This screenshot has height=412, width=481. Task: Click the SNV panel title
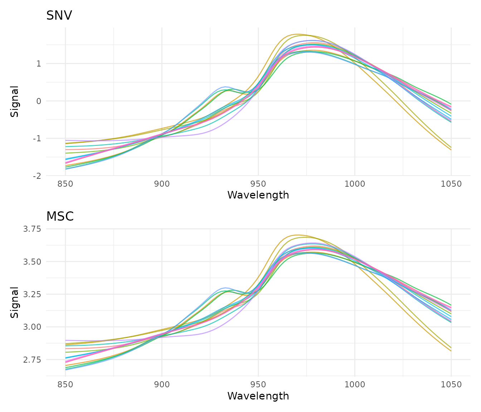tap(59, 16)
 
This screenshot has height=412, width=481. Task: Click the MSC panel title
tap(60, 217)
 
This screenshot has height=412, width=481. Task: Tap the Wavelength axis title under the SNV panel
tap(258, 195)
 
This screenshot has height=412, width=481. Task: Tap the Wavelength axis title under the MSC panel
tap(258, 396)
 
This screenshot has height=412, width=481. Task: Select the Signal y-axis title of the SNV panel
tap(15, 101)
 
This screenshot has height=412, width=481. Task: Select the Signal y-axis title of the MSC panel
tap(15, 302)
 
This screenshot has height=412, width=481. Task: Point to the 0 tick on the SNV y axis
tap(39, 101)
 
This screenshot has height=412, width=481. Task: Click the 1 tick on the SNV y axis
tap(39, 64)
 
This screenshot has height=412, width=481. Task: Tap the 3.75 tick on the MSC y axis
tap(32, 229)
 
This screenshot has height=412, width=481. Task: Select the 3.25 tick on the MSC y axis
tap(32, 294)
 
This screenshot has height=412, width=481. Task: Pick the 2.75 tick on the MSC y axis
tap(32, 359)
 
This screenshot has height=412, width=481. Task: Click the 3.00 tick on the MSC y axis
tap(32, 327)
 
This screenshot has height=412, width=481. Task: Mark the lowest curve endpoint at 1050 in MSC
tap(451, 351)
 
